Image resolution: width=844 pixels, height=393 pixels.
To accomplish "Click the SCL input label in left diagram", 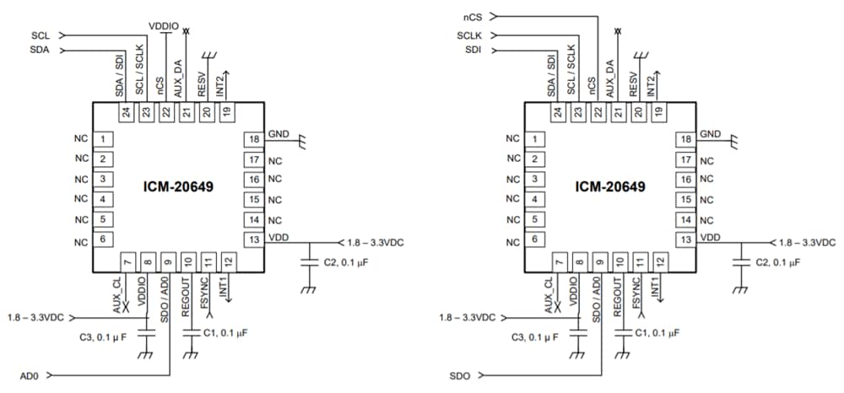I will [x=40, y=35].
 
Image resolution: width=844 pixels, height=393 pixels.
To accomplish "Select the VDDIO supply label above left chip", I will [x=163, y=26].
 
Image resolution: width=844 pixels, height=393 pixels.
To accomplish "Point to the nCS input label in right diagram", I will [x=473, y=16].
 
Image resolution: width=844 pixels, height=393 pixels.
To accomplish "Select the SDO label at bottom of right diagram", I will [x=462, y=374].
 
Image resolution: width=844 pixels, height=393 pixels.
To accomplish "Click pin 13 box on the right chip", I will [x=684, y=240].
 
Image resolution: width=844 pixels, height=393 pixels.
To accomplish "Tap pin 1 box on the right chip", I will [x=535, y=139].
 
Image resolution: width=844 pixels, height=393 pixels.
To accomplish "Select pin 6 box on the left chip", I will [x=102, y=240].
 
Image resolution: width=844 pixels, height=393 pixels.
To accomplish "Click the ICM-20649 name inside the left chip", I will [x=178, y=188].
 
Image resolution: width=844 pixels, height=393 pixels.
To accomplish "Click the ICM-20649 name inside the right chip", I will [x=611, y=188].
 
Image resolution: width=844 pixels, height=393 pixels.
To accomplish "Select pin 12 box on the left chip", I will [x=226, y=262].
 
